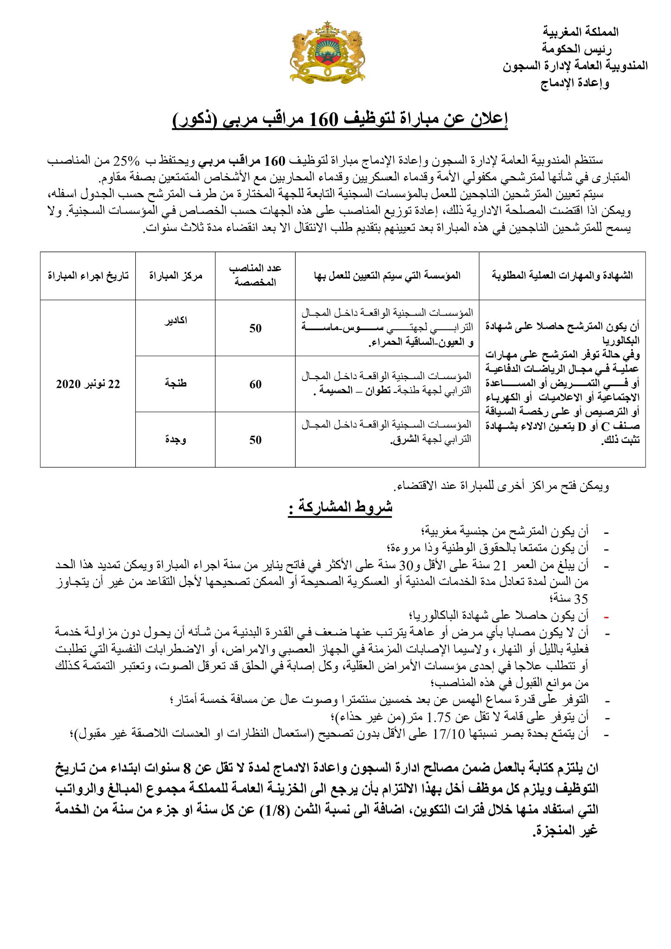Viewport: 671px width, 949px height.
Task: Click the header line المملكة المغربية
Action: [581, 32]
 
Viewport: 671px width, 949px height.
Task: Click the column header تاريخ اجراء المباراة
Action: [88, 276]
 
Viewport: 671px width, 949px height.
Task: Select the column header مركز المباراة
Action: [176, 276]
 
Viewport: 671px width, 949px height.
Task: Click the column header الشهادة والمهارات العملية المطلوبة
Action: [562, 276]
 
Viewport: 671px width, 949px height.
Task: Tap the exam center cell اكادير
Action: [176, 321]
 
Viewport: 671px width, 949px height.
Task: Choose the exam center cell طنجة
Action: [176, 384]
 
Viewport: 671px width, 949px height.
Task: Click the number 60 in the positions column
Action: [255, 384]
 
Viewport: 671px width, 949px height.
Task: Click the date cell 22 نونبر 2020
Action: [88, 384]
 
